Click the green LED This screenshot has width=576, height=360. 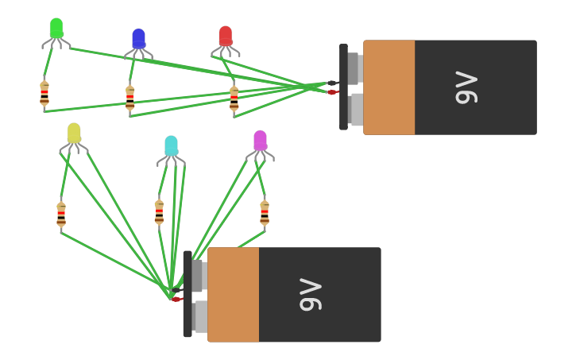(56, 29)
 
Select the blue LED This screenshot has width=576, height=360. (138, 39)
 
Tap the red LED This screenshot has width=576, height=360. (226, 37)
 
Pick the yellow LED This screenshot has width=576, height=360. (74, 134)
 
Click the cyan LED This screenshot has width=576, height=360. (171, 145)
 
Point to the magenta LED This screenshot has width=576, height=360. (260, 141)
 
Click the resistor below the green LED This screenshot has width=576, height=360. (44, 95)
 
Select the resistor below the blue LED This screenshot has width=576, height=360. (130, 99)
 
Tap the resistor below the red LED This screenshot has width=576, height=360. (234, 99)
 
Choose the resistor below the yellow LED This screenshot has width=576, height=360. (61, 215)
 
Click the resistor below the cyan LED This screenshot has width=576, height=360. (159, 212)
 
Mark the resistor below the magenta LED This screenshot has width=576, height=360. (265, 213)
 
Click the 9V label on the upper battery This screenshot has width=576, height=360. (466, 87)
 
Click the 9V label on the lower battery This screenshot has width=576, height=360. (311, 295)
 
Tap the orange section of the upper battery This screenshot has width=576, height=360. (389, 87)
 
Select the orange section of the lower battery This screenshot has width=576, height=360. (234, 295)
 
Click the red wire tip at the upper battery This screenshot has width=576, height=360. (332, 92)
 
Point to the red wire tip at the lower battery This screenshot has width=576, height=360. (176, 300)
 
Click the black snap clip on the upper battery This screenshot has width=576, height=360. (343, 87)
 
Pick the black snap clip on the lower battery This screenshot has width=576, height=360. (187, 295)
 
